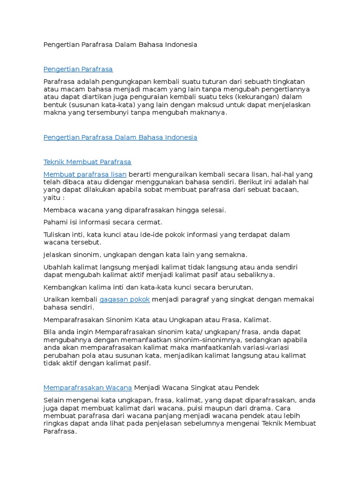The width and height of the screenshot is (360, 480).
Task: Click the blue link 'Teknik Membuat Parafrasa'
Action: click(87, 162)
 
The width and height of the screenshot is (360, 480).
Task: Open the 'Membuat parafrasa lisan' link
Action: click(85, 174)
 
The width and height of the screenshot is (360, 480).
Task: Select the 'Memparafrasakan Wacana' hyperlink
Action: click(88, 388)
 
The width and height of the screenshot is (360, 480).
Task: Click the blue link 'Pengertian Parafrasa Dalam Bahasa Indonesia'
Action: click(120, 137)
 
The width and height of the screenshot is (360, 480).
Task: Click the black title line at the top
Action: click(120, 45)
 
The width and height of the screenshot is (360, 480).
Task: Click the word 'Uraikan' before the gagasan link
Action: click(56, 300)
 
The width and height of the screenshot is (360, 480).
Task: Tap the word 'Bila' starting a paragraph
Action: click(49, 332)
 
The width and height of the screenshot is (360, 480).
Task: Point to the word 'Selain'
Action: click(54, 400)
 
